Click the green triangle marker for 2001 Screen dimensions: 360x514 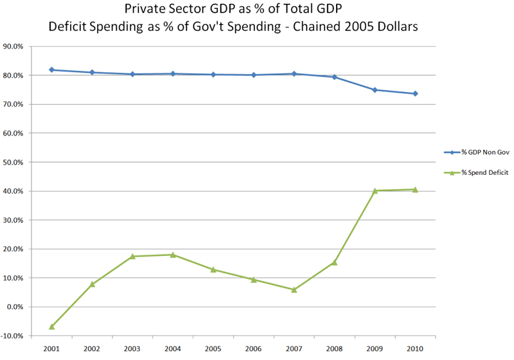coord(51,327)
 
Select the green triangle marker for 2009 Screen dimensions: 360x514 coord(375,190)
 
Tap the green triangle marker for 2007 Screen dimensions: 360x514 coord(294,289)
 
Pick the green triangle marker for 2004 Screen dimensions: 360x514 coord(173,255)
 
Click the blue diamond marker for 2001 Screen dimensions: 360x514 coord(51,69)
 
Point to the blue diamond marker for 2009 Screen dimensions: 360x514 coord(375,90)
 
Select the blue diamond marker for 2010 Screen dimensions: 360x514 coord(416,94)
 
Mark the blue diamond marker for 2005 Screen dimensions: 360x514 coord(213,75)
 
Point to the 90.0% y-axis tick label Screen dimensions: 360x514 coord(14,46)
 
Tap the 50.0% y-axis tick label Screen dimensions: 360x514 coord(14,162)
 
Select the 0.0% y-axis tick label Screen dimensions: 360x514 coord(16,307)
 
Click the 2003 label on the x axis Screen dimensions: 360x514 coord(132,348)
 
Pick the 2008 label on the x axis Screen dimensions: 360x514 coord(335,348)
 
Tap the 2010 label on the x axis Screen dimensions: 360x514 coord(416,348)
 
